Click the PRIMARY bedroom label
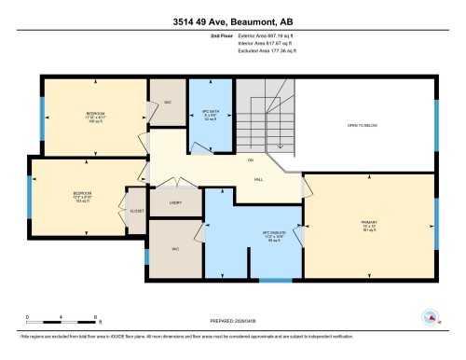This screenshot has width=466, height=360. point(368,225)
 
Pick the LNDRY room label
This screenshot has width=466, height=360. point(175,201)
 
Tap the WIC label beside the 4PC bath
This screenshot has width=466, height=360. point(169,102)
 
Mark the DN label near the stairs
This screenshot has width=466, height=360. point(250,160)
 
